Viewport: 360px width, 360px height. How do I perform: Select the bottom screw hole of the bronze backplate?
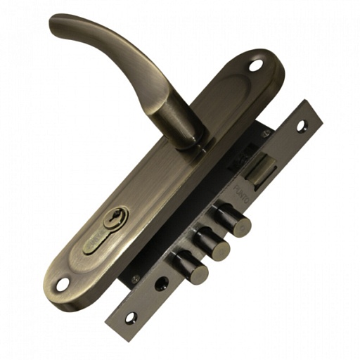(63, 284)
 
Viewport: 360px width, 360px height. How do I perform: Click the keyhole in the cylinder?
(112, 219)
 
